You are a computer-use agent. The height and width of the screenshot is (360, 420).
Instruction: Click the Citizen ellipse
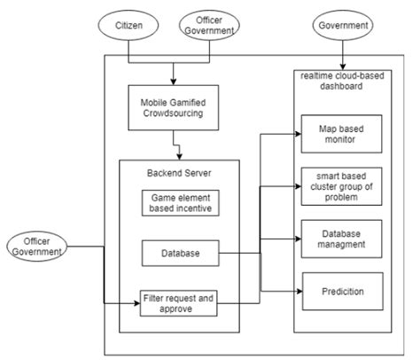click(x=129, y=26)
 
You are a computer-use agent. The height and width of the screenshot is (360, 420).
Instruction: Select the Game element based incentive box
click(x=179, y=203)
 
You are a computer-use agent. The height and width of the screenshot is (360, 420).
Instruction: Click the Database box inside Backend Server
click(x=179, y=254)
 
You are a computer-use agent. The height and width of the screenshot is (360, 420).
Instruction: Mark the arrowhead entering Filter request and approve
click(x=138, y=304)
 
